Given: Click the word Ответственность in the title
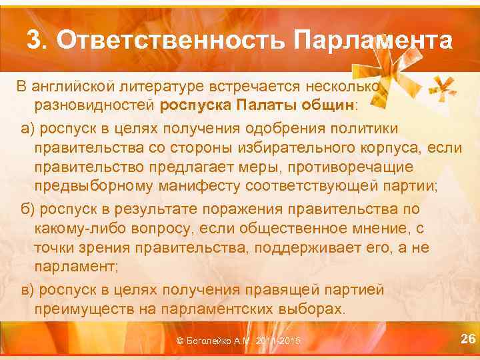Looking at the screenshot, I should point(169,41).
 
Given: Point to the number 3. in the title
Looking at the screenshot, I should point(38,41).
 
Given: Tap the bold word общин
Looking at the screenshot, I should point(325,105).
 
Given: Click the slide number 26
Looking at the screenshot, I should point(469,339).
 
